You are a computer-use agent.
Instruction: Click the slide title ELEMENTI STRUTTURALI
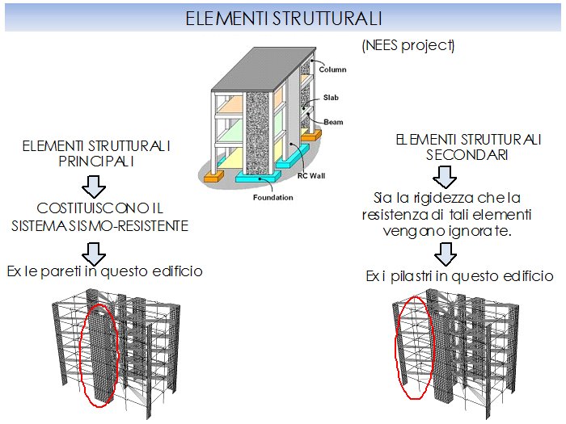pos(283,17)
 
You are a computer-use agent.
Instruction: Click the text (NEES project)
pos(408,45)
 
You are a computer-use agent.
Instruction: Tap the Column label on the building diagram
pos(332,69)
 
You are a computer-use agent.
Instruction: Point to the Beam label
pos(334,122)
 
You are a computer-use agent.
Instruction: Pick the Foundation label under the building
pos(272,197)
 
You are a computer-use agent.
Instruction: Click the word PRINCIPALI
pos(99,162)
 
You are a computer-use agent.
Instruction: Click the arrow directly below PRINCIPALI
pos(95,186)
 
